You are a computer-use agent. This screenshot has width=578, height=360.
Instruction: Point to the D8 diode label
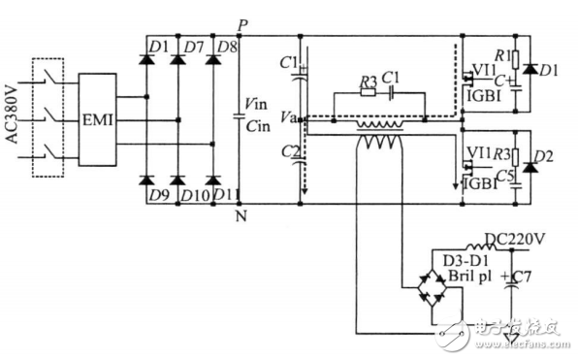click(227, 46)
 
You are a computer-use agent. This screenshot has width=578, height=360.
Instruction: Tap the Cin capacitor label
click(258, 123)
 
